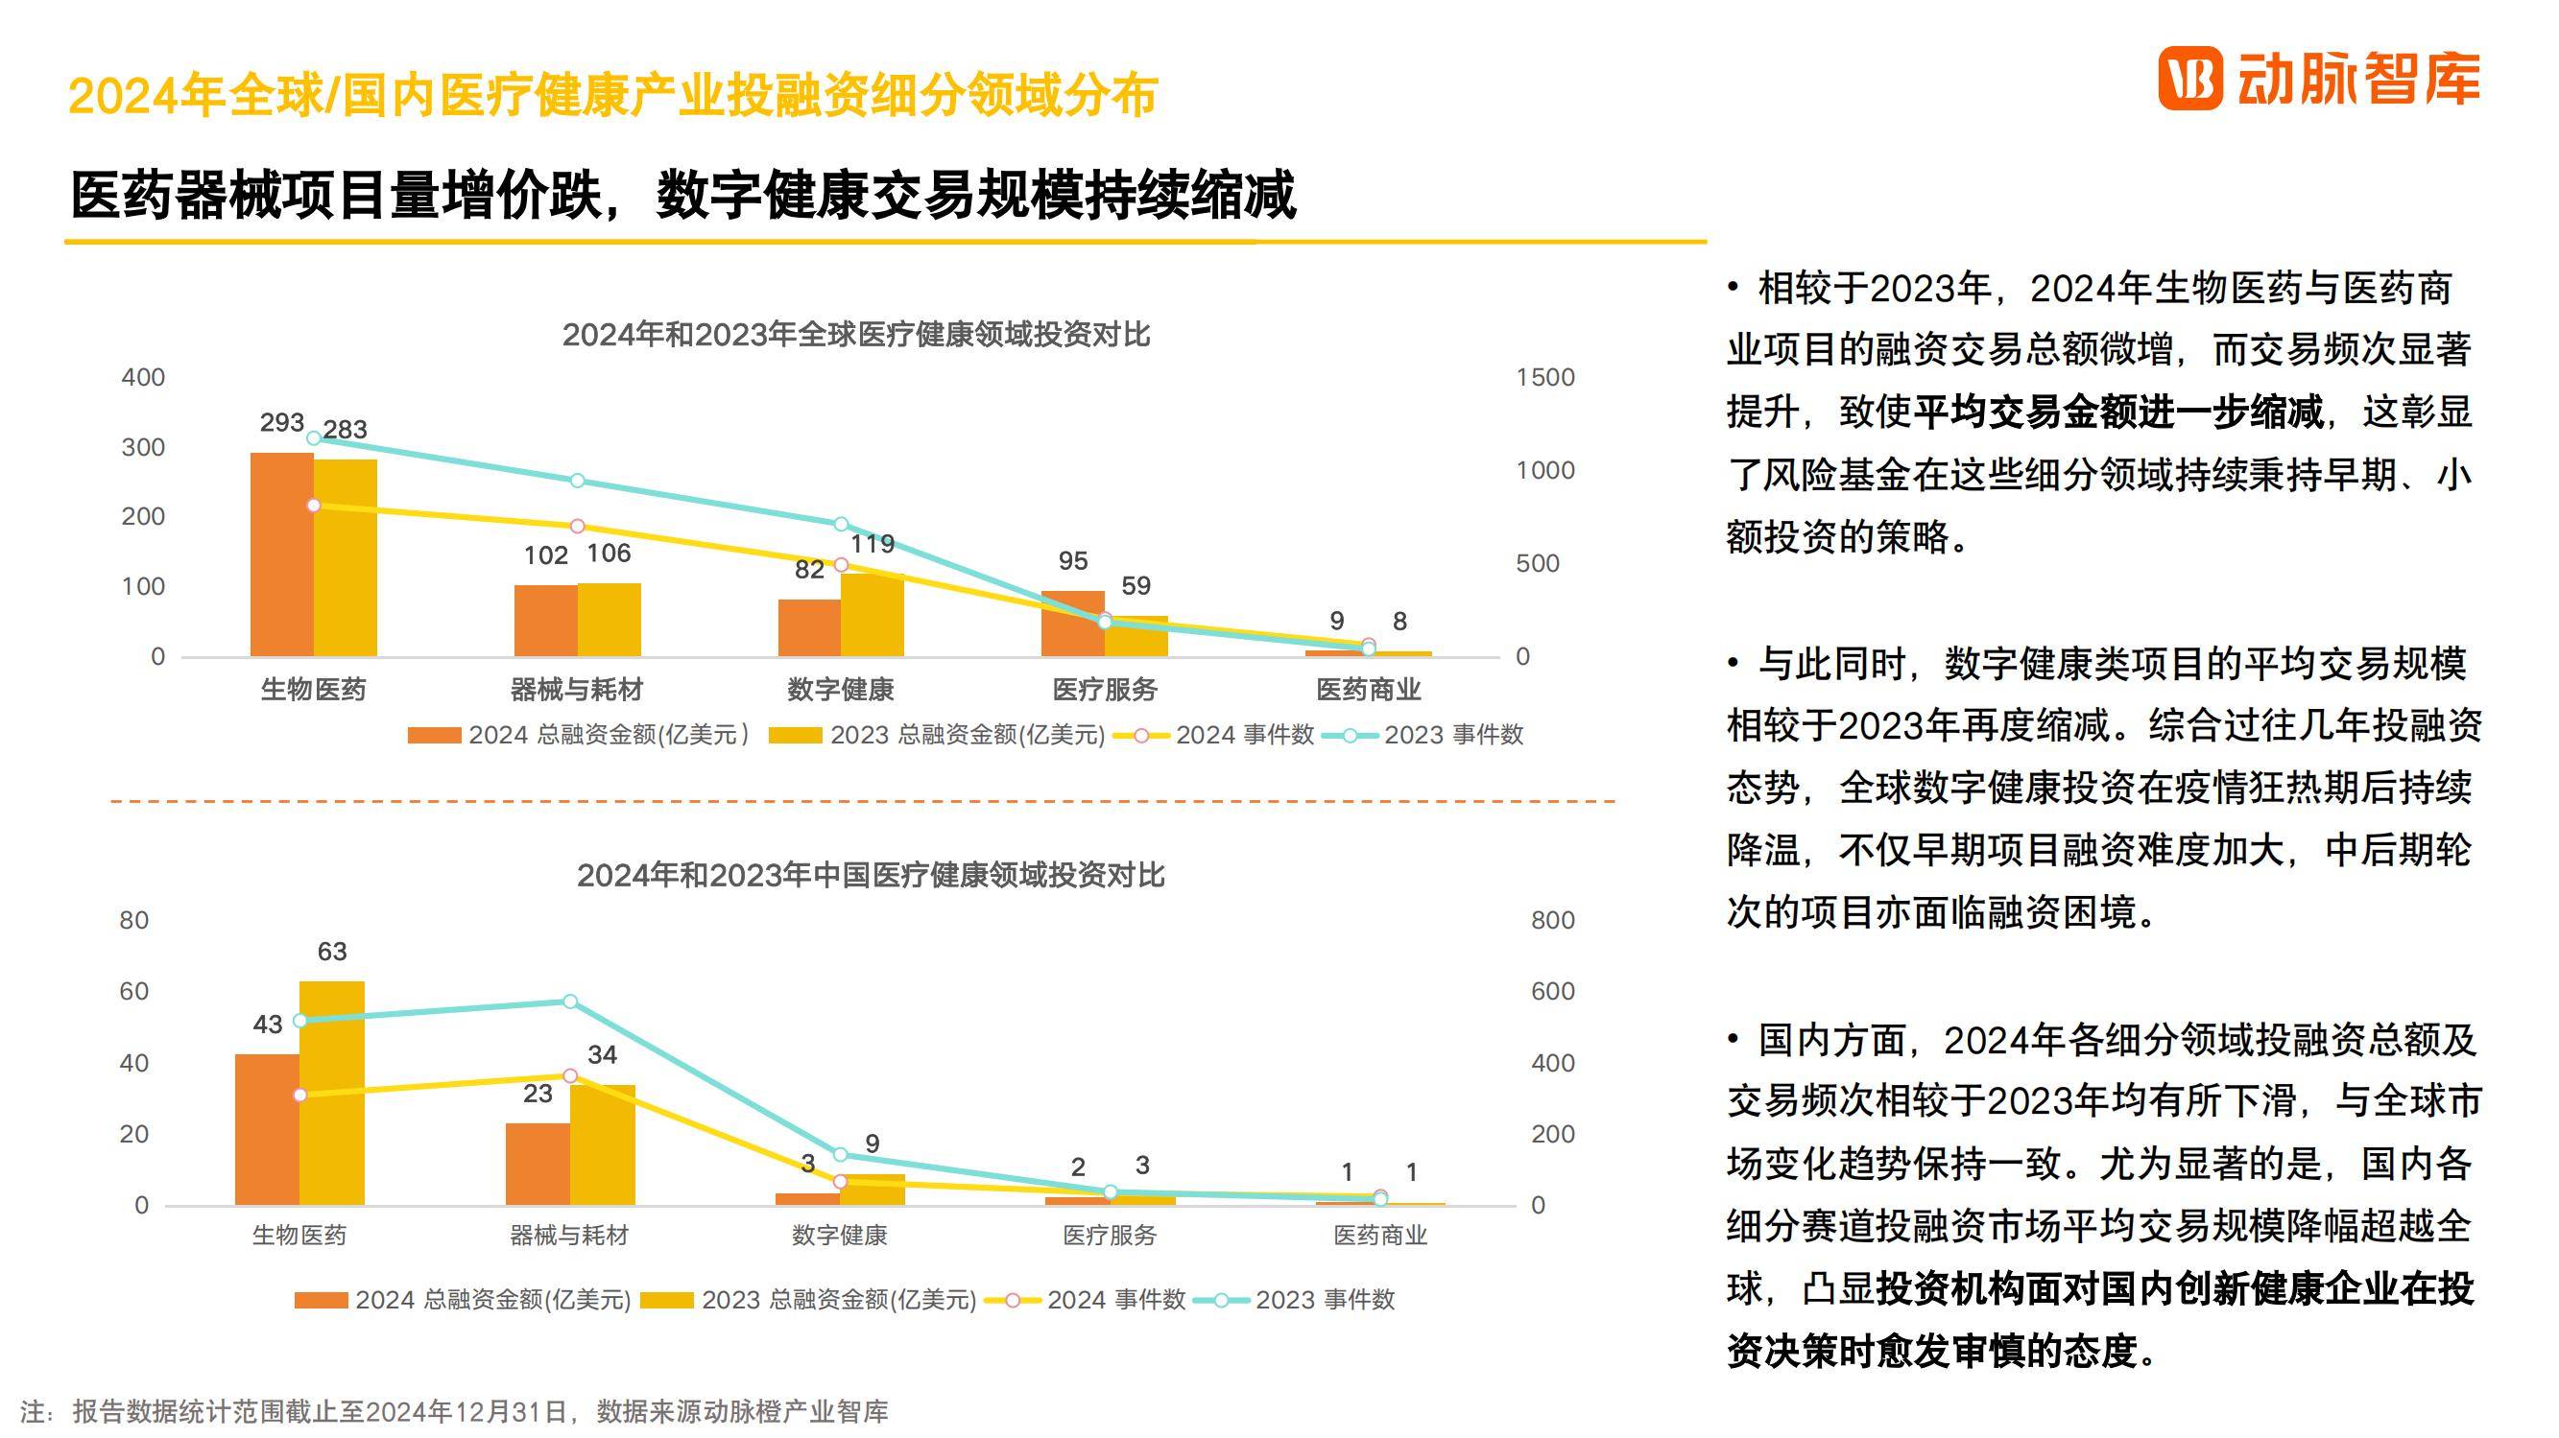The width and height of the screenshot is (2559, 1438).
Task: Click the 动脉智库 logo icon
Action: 2189,79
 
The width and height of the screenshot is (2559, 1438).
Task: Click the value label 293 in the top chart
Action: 281,423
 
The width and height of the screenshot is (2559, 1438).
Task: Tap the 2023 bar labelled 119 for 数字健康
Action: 873,615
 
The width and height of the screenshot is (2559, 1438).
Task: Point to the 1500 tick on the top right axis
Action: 1544,377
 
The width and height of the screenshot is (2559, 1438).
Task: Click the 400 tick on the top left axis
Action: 143,377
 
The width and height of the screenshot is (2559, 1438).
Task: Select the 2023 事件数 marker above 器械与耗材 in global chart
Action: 577,481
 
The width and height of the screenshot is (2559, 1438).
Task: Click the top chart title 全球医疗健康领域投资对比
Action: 855,335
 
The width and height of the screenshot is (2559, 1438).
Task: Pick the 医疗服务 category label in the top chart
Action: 1105,689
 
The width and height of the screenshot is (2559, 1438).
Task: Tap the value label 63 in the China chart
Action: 332,952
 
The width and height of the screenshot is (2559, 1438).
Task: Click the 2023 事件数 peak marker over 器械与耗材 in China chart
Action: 569,1002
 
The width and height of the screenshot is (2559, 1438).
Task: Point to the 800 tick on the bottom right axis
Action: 1552,921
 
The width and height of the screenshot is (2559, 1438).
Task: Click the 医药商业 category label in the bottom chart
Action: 1380,1236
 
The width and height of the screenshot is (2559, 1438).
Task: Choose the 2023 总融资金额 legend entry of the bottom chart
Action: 808,1300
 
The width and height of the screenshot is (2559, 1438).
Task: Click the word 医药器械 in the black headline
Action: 175,195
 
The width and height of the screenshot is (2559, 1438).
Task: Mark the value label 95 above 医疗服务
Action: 1073,561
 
